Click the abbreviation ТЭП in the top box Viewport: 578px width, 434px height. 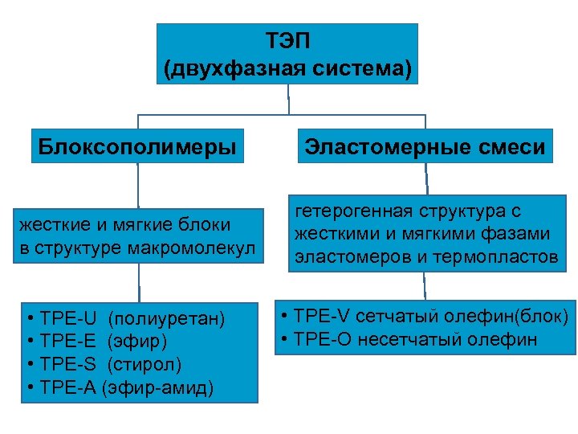click(x=287, y=40)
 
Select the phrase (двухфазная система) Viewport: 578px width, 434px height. click(x=287, y=69)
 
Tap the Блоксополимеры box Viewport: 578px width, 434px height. click(x=138, y=148)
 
